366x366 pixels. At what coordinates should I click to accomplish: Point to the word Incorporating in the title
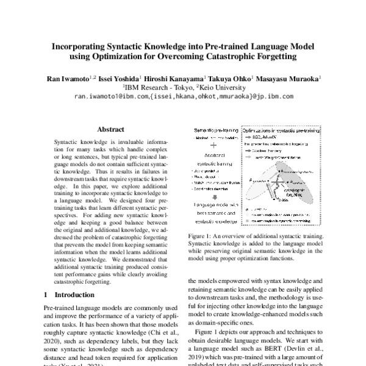pyautogui.click(x=81, y=45)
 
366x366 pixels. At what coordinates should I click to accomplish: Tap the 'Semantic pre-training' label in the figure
pyautogui.click(x=212, y=131)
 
